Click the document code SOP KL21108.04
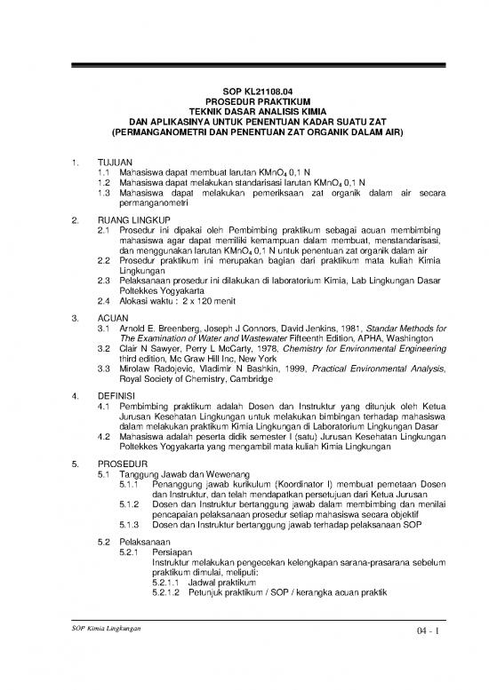point(244,91)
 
